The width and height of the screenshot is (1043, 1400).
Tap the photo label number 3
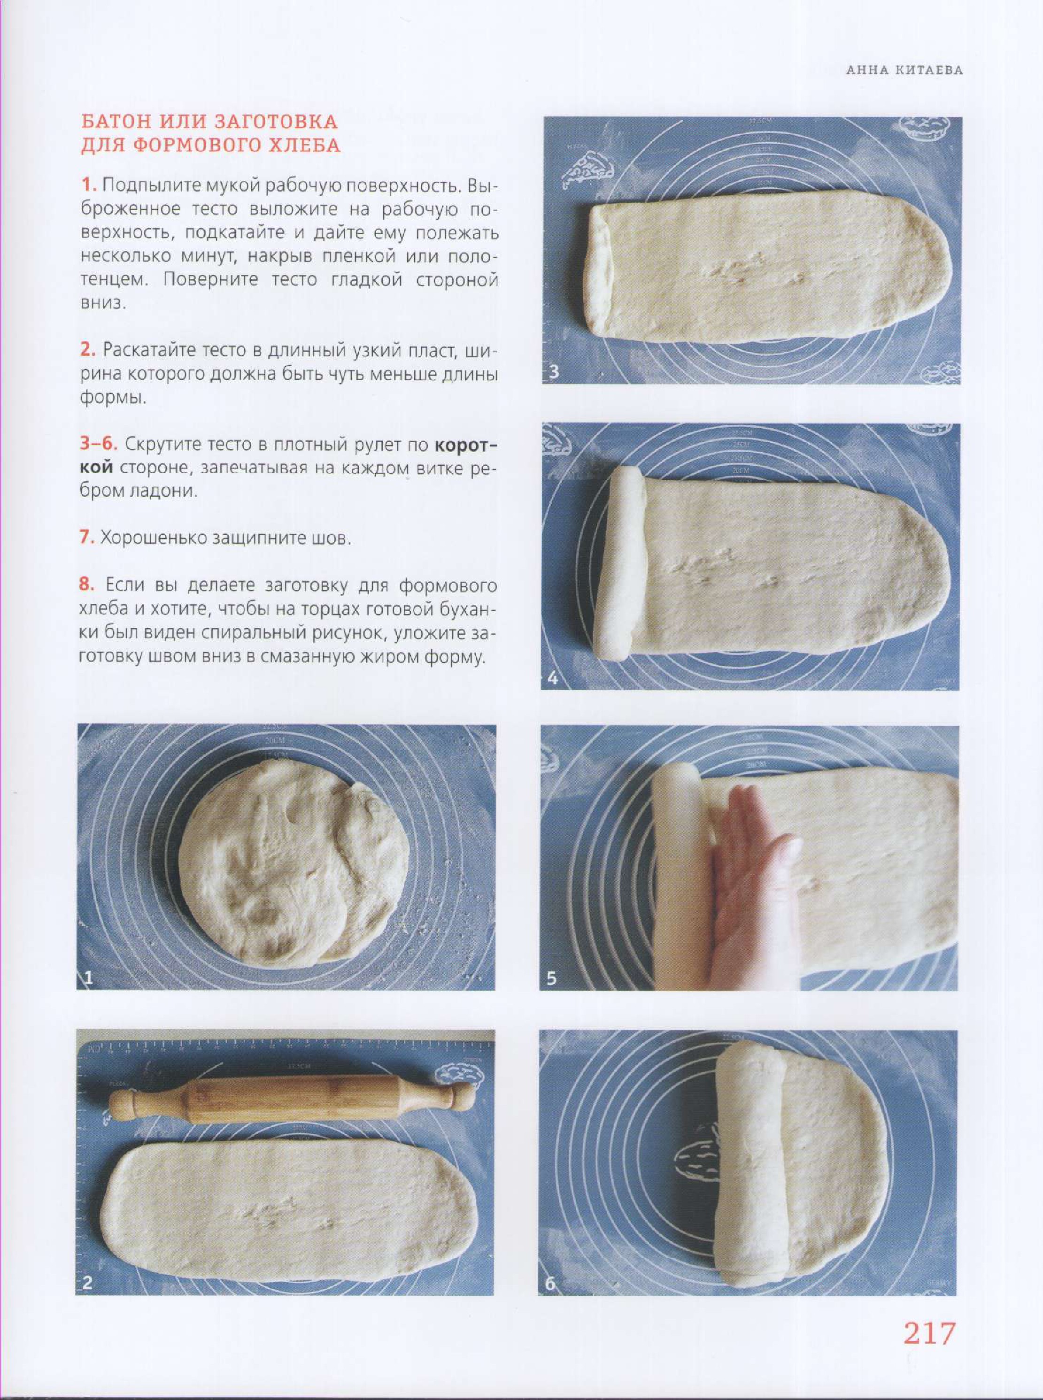pyautogui.click(x=554, y=371)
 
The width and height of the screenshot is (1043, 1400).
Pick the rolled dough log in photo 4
pyautogui.click(x=619, y=564)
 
